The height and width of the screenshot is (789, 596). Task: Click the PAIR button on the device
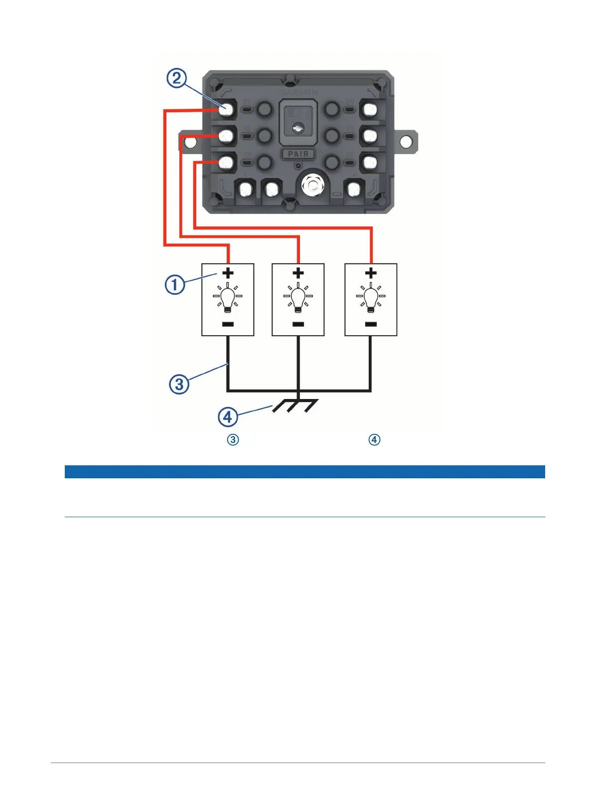click(x=298, y=154)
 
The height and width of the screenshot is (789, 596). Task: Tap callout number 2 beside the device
click(x=176, y=79)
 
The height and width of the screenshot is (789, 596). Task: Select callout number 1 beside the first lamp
click(x=175, y=285)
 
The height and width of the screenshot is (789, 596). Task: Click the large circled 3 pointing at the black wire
click(x=179, y=384)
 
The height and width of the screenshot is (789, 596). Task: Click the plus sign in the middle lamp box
click(x=298, y=273)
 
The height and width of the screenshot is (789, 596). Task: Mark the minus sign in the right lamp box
click(x=371, y=324)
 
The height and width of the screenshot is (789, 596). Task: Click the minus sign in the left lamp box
click(x=228, y=324)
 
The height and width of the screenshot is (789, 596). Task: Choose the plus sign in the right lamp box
click(x=371, y=273)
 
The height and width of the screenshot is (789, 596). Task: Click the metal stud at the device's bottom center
click(x=312, y=186)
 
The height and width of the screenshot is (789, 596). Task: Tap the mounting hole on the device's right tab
click(x=406, y=142)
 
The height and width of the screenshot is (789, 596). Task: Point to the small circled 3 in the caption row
click(x=233, y=439)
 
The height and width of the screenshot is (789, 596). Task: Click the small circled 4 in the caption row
click(x=374, y=439)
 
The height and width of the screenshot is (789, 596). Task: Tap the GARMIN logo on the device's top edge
click(x=298, y=93)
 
